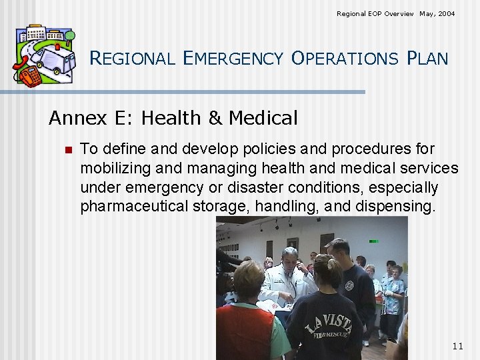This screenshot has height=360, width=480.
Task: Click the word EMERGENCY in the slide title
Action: [x=233, y=59]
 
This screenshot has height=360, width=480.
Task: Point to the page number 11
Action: [x=457, y=346]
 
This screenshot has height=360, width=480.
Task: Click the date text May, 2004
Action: [x=437, y=13]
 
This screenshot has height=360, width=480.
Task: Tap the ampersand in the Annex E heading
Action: [x=215, y=119]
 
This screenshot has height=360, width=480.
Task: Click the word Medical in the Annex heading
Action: [x=263, y=119]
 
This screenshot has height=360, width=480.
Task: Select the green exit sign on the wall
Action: [x=373, y=241]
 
